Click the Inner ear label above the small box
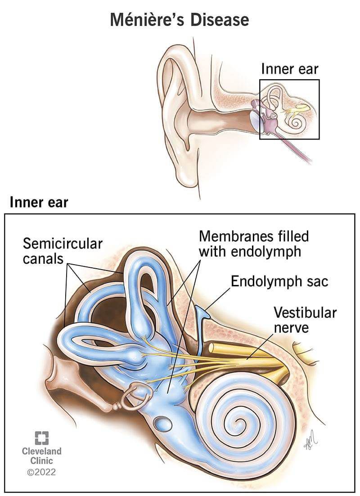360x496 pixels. pos(290,69)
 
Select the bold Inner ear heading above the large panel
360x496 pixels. pos(39,202)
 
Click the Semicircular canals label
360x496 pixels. pos(63,251)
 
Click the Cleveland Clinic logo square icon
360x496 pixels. pos(41,437)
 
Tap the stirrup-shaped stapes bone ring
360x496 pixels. pos(133,397)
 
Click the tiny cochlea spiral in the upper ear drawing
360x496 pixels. pos(297,121)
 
